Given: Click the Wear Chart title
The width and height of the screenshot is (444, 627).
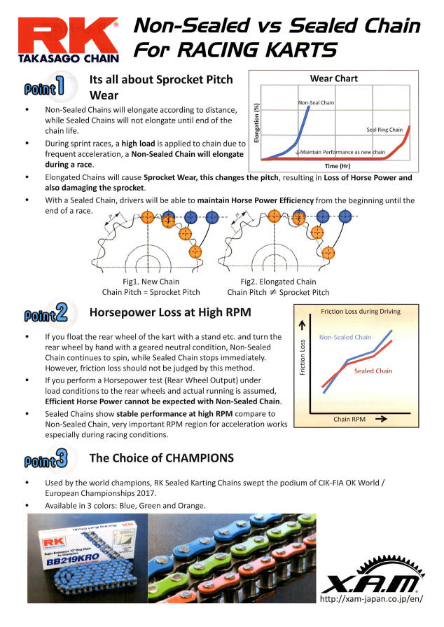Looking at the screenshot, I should click(x=333, y=78).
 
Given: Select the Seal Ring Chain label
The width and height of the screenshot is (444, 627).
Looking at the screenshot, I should click(x=384, y=130).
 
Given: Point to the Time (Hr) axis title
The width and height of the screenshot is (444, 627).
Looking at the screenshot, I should click(x=333, y=166).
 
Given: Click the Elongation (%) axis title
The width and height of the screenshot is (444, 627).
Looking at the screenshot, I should click(x=258, y=123).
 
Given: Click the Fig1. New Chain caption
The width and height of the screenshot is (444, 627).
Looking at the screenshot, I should click(x=151, y=282).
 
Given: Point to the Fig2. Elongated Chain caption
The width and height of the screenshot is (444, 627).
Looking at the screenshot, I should click(x=278, y=282).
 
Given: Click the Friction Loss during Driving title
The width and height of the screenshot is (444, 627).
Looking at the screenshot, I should click(x=361, y=311).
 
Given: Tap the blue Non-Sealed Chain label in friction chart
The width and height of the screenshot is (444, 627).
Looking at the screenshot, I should click(x=345, y=337).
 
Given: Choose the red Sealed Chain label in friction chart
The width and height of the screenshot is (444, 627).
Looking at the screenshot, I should click(x=373, y=371).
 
